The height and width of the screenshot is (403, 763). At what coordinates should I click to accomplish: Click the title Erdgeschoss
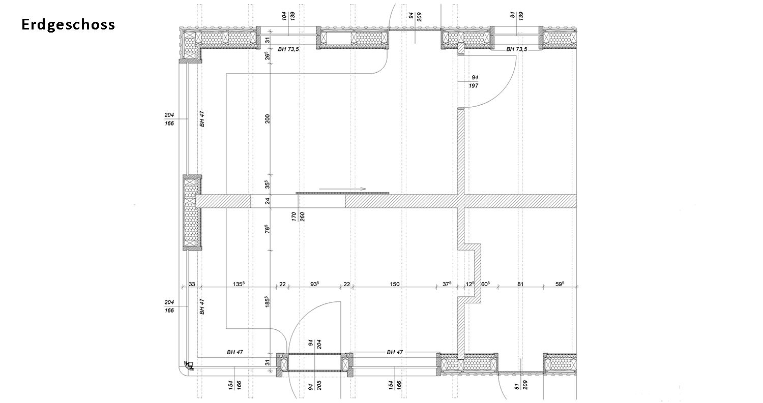(68, 24)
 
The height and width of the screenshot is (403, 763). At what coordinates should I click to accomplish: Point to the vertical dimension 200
(268, 119)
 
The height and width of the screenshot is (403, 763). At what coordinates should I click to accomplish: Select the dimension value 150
(395, 284)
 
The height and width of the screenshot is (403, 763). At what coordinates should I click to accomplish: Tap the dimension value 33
(192, 284)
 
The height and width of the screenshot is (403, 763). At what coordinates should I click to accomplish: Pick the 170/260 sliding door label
(298, 222)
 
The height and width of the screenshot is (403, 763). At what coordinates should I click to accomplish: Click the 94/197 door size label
(475, 81)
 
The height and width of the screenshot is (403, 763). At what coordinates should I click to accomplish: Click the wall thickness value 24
(268, 201)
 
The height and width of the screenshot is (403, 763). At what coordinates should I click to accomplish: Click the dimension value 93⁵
(315, 284)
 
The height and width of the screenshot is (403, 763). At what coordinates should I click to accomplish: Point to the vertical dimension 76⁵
(268, 229)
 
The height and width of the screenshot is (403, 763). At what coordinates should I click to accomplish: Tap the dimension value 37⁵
(447, 284)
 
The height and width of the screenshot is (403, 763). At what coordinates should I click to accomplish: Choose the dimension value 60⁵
(486, 284)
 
